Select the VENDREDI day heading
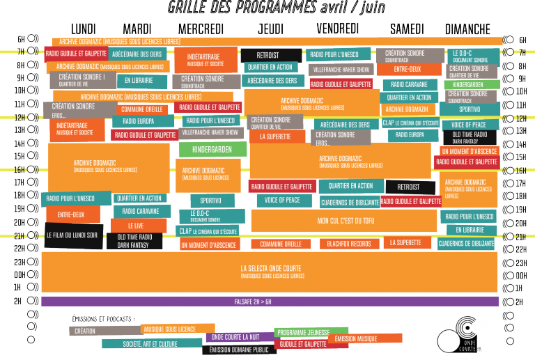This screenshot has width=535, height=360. (x=337, y=29)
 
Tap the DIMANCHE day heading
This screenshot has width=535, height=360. (x=467, y=29)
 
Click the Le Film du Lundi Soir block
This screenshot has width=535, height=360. (x=73, y=235)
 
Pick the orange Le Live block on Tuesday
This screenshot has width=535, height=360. (x=137, y=226)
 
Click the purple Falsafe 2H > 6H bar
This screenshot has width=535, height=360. (x=270, y=302)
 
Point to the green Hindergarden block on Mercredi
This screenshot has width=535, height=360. (x=212, y=150)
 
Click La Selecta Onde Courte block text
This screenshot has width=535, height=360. (x=272, y=269)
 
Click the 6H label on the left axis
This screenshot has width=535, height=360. (x=20, y=39)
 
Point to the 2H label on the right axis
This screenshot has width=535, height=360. (x=518, y=302)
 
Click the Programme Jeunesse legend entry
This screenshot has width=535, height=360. (x=301, y=332)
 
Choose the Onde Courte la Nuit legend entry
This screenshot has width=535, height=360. (x=239, y=338)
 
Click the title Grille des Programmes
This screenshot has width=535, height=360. (x=267, y=8)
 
